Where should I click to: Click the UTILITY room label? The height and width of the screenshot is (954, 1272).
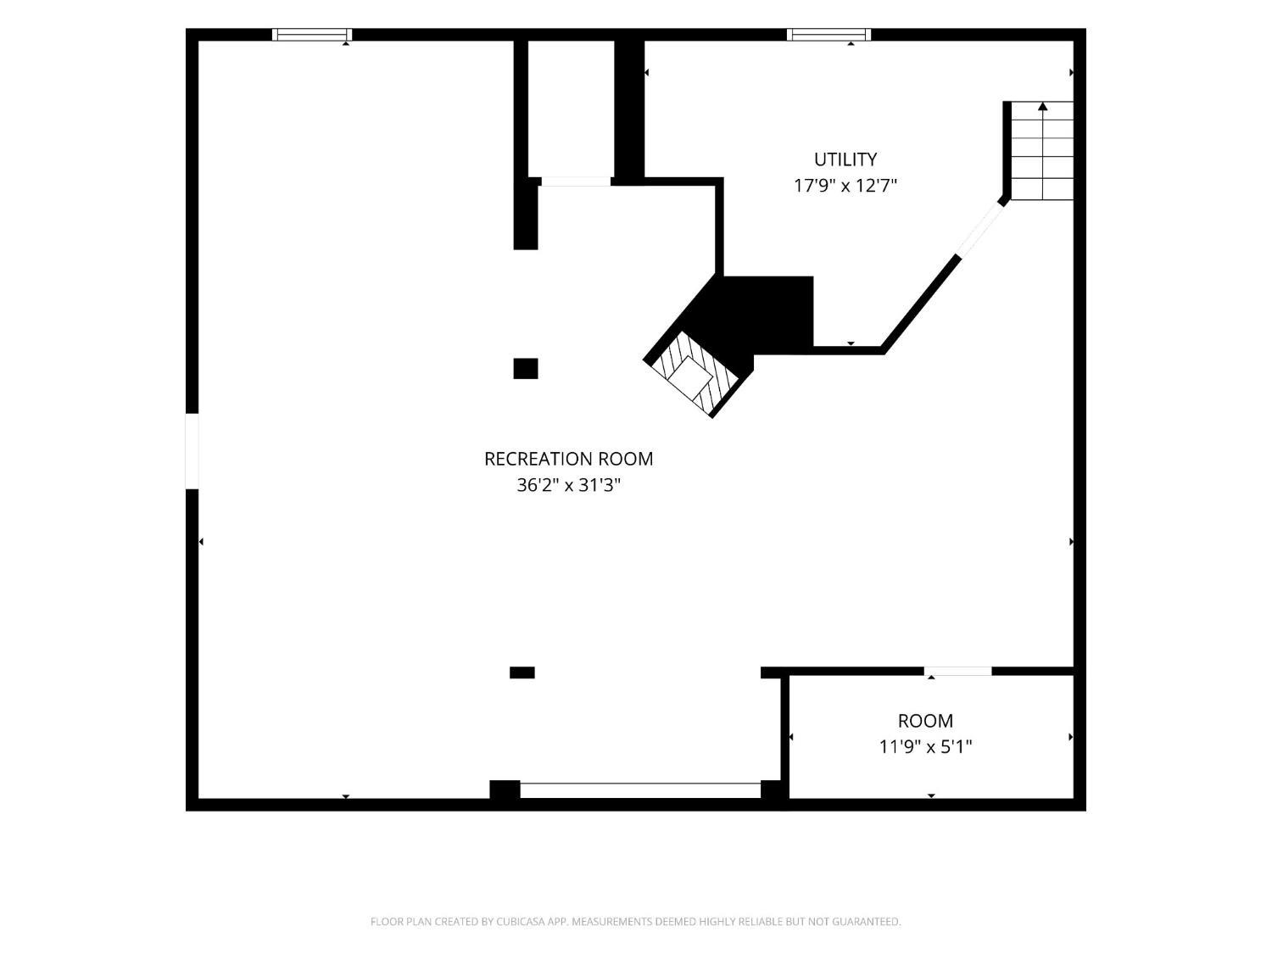845,159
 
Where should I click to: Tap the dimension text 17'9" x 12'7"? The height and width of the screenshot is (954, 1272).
845,186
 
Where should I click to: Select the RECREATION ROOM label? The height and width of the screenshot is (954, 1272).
568,459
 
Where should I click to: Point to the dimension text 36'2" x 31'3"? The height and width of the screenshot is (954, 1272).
568,485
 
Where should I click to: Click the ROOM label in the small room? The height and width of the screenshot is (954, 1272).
925,721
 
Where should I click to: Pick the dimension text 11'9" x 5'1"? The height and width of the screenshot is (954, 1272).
925,747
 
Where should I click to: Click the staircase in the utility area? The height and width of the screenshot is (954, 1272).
1042,151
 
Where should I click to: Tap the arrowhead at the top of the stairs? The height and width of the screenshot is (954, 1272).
1043,106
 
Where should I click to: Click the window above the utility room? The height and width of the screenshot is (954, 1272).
828,35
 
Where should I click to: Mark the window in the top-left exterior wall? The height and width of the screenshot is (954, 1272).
312,35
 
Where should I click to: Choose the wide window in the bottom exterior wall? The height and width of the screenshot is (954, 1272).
640,790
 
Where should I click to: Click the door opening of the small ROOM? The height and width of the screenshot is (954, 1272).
958,672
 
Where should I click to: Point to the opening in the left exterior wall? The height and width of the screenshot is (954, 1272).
192,451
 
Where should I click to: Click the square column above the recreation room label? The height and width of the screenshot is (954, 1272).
526,368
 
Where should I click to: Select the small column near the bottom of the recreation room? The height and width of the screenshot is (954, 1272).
522,672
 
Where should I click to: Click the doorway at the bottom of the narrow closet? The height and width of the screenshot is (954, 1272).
576,181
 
